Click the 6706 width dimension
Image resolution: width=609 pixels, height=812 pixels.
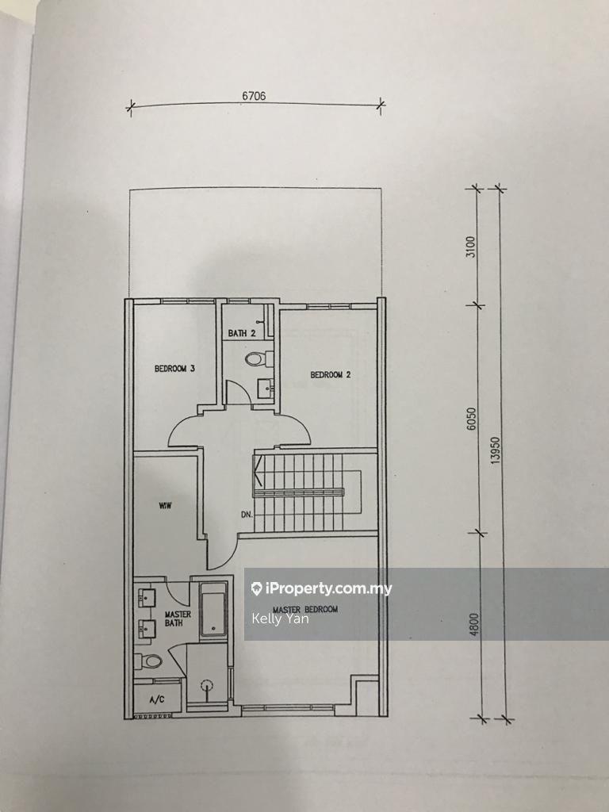[254, 96]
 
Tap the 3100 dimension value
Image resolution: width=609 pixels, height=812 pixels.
[470, 247]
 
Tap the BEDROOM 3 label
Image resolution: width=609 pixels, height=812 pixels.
[174, 369]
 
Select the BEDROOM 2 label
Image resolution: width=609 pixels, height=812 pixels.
[330, 375]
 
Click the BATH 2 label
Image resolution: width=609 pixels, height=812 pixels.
[242, 333]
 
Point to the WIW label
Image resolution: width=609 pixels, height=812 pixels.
[166, 504]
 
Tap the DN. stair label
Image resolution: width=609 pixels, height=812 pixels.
[247, 515]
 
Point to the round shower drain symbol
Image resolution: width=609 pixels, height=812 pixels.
[209, 686]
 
